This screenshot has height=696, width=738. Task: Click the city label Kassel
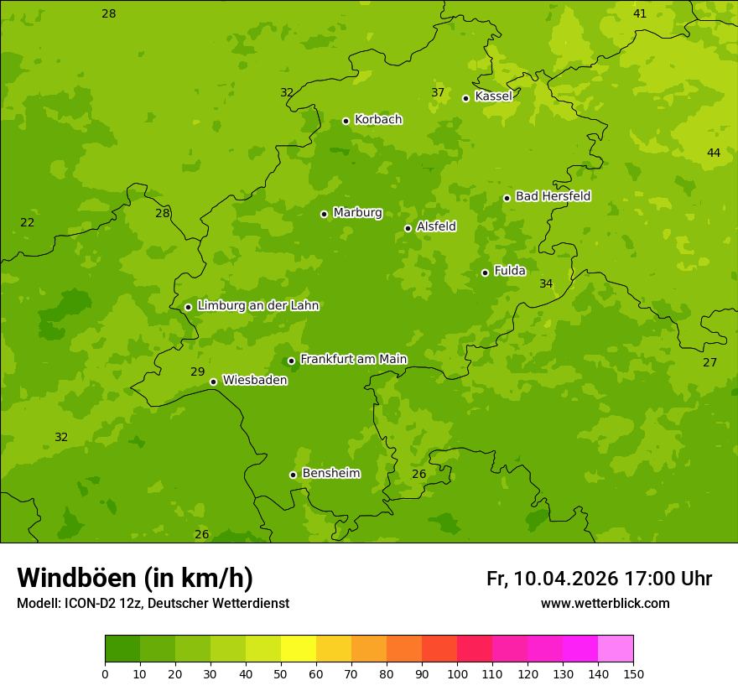point(493,96)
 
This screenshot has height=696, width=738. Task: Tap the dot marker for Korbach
point(346,121)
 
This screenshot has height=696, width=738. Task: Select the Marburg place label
point(357,213)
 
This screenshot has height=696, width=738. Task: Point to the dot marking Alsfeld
point(408,228)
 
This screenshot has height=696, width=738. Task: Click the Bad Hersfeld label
point(553,196)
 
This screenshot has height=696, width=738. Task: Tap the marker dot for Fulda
point(485,273)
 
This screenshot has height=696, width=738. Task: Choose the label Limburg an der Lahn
point(257,306)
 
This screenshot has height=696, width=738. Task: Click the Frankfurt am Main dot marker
point(291,361)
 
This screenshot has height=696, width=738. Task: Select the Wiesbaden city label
point(254,381)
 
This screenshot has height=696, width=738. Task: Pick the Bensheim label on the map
point(330,474)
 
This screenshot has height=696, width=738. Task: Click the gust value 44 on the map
point(714,153)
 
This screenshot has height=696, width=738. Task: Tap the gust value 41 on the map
point(640,13)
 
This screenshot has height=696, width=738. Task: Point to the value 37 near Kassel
point(438,92)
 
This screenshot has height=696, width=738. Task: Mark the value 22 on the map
point(28,222)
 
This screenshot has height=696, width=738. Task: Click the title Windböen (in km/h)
point(135,578)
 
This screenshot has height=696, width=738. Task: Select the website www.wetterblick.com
point(605,604)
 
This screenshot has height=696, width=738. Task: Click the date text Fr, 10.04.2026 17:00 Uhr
point(599,579)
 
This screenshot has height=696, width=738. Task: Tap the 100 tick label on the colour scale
point(457,673)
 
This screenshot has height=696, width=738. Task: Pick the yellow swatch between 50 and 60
point(299,649)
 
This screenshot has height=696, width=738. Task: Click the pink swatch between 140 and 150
point(616,649)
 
